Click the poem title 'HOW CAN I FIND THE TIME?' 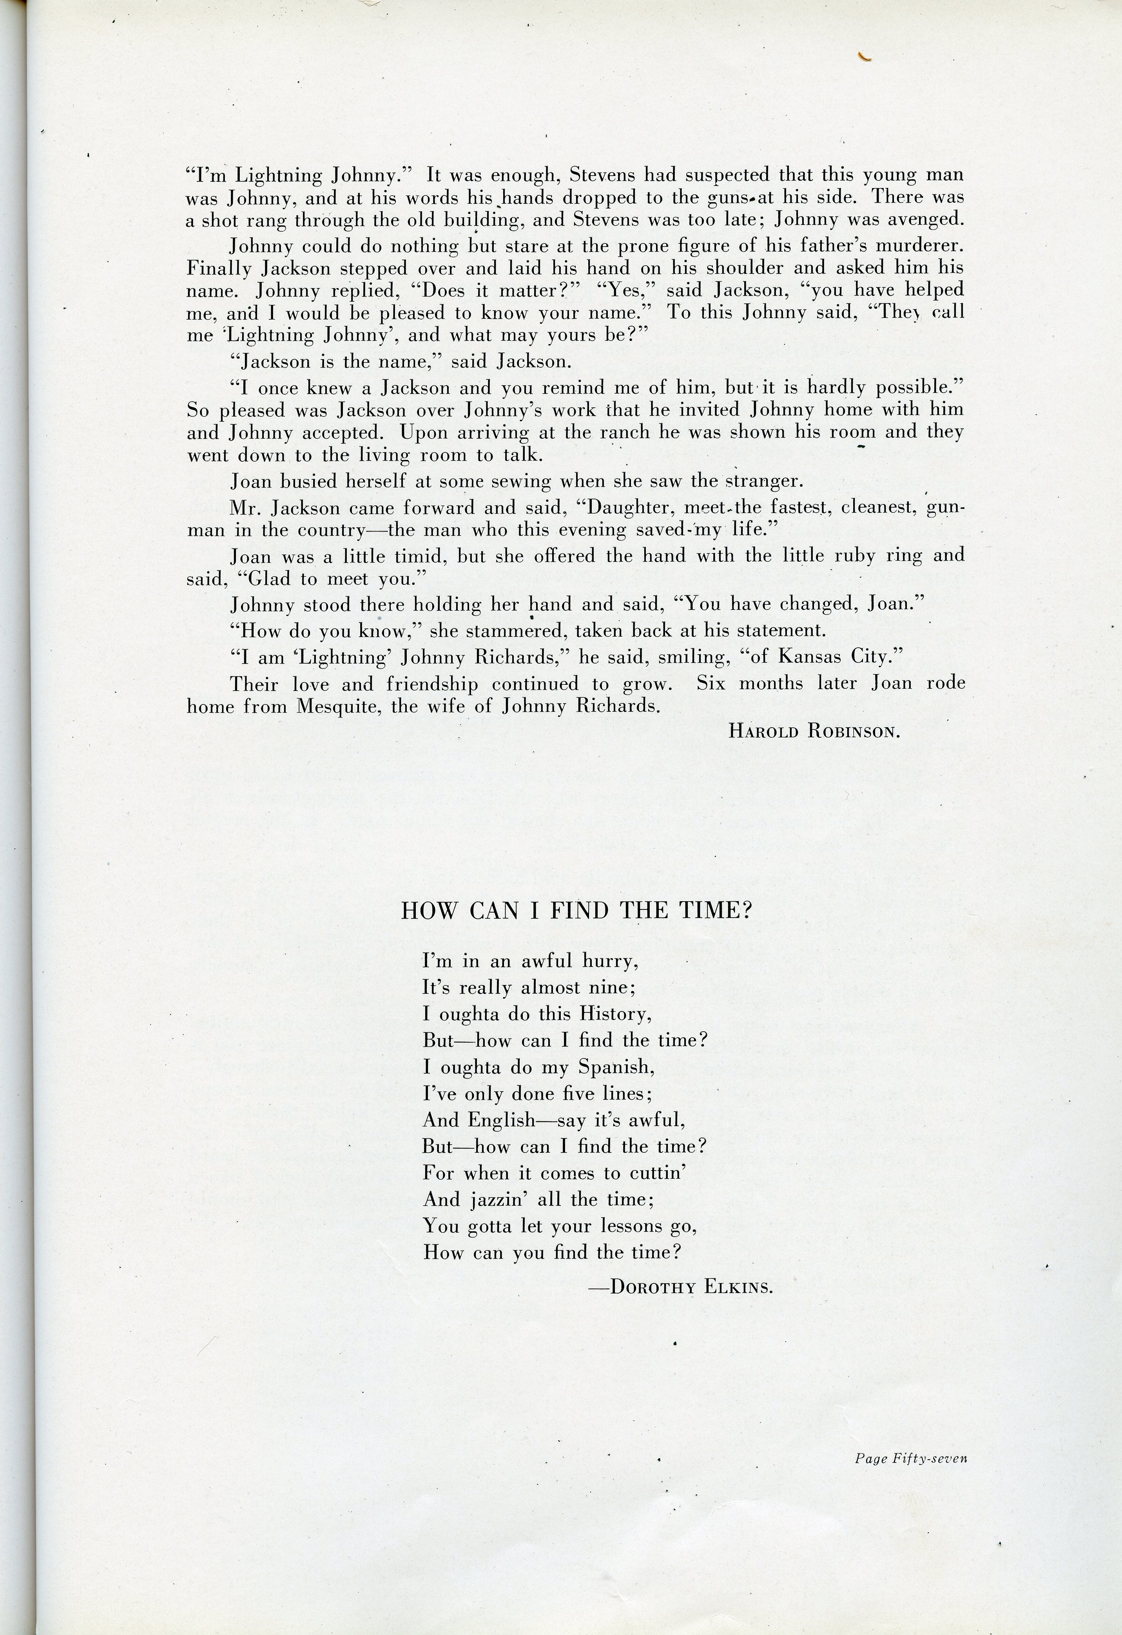pos(576,911)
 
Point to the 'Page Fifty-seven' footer pos(911,1459)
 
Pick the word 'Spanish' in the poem pos(616,1067)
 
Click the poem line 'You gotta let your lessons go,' pos(559,1226)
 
